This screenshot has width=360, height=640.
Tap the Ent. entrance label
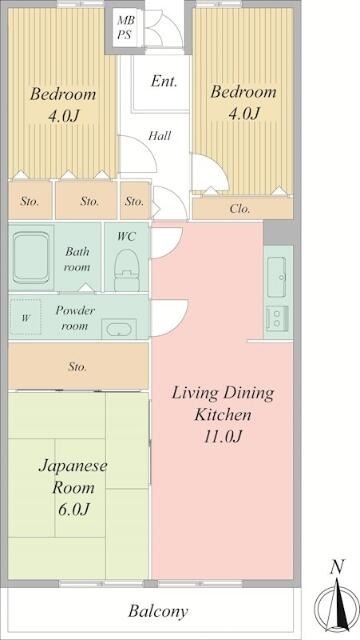point(164,82)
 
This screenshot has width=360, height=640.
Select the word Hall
point(159,134)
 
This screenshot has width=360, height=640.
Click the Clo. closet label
point(240,209)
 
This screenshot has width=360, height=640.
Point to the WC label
point(127,237)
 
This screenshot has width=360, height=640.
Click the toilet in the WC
point(127,267)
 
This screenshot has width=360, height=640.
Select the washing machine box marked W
point(26,319)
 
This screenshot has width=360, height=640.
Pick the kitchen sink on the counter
point(277,271)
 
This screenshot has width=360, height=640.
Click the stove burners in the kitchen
point(277,319)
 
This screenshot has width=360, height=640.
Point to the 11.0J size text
point(221,436)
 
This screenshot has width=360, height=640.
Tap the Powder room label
point(75,318)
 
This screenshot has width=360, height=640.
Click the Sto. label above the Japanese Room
point(78,367)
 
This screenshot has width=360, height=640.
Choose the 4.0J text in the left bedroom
point(62,116)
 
